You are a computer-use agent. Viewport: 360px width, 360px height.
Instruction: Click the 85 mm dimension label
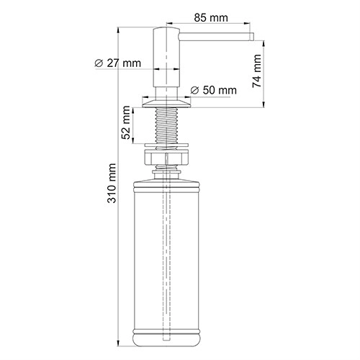pos(211,18)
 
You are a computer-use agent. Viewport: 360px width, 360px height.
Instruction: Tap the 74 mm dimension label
pos(256,71)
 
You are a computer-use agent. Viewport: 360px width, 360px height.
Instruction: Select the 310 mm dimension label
pos(112,183)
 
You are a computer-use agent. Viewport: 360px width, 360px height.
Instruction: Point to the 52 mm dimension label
pos(126,122)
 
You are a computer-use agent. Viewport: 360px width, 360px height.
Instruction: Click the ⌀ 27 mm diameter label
pos(117,63)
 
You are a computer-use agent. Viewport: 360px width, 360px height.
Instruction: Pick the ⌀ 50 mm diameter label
pos(213,90)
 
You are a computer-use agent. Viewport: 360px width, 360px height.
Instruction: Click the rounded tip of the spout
pos(251,37)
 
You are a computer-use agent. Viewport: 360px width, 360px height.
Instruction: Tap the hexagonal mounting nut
pos(166,157)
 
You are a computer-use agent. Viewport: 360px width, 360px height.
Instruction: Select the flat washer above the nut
pos(166,145)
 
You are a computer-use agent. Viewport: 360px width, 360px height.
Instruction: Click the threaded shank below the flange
pos(166,125)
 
